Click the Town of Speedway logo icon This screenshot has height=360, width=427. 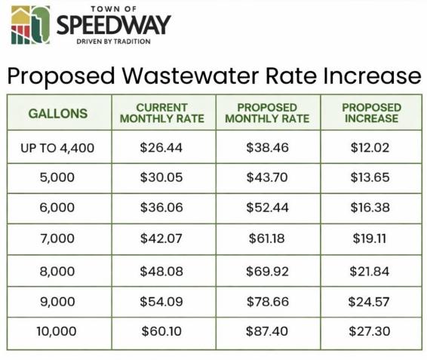coord(30,25)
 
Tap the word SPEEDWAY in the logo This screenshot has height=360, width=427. coord(114,25)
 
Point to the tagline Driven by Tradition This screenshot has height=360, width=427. coord(114,42)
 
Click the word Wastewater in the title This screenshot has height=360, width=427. coord(190,75)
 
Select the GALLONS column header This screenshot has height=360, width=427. coord(58,113)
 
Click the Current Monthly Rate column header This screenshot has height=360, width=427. coord(162,113)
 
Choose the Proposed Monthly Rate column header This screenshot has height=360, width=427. coord(267,113)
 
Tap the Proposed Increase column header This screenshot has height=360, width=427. coord(372,113)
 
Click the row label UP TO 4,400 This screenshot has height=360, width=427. coord(57,148)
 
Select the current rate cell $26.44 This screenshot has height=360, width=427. coord(161,147)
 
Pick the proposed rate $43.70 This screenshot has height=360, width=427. coord(267,177)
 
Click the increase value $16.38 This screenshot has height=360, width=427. coord(370,208)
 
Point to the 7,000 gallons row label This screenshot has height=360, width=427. coord(57,238)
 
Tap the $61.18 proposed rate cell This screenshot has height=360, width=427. coord(267,238)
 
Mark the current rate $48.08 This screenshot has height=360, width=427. coord(161,272)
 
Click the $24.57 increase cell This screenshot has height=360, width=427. coord(369,302)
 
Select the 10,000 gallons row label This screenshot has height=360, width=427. coord(57,331)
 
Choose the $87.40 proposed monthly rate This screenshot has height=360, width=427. coord(267,331)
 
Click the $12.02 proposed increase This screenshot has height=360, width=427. coord(370,147)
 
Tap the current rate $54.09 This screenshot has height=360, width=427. coord(161,302)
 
